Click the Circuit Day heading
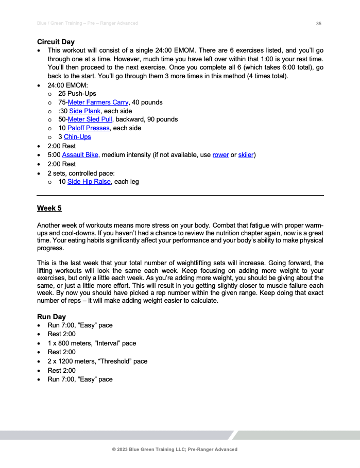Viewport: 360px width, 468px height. click(56, 42)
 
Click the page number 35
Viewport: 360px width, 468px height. click(319, 24)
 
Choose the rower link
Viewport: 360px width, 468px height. click(220, 155)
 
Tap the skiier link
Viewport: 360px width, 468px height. click(246, 155)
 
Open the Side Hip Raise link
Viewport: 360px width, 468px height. click(89, 182)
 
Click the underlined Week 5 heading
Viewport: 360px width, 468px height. click(49, 209)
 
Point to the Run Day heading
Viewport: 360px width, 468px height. click(52, 317)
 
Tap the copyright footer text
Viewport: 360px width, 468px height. click(175, 449)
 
